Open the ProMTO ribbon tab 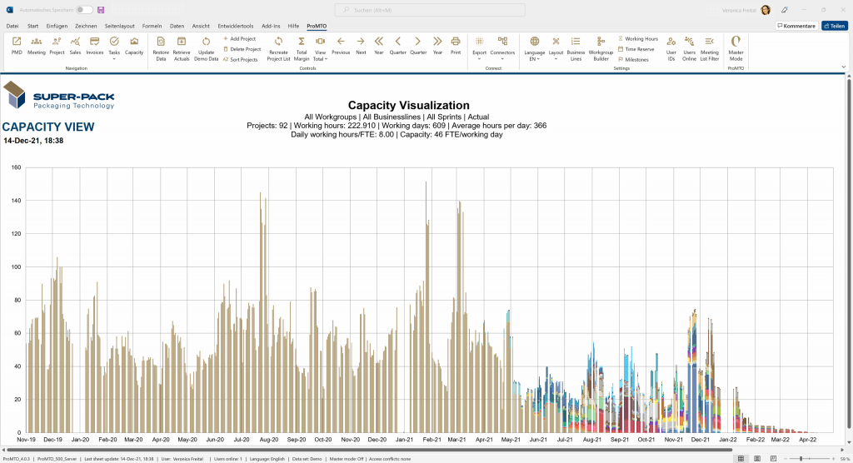point(317,26)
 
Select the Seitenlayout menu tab point(120,26)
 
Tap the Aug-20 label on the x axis point(269,438)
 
